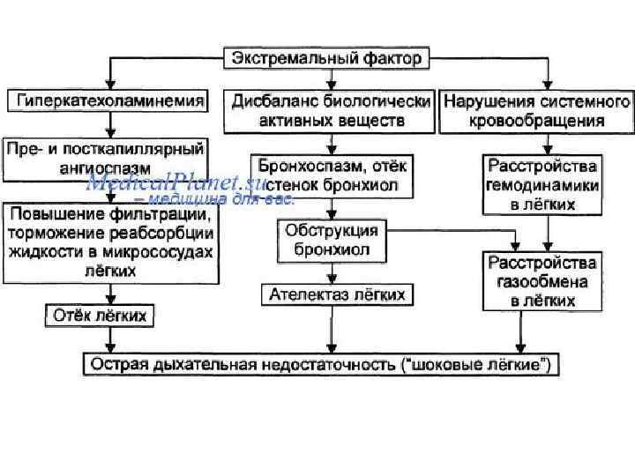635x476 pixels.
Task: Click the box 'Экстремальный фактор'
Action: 329,59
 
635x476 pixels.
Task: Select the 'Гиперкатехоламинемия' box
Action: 108,101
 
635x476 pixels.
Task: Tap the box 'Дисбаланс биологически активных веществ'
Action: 330,110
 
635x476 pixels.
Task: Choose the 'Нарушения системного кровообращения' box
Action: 536,110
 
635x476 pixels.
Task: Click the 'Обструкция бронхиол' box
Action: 331,241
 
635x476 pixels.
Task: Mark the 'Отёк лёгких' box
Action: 100,314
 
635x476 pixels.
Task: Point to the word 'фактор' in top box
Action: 396,59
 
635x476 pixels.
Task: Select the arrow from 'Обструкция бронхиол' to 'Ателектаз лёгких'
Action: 331,271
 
